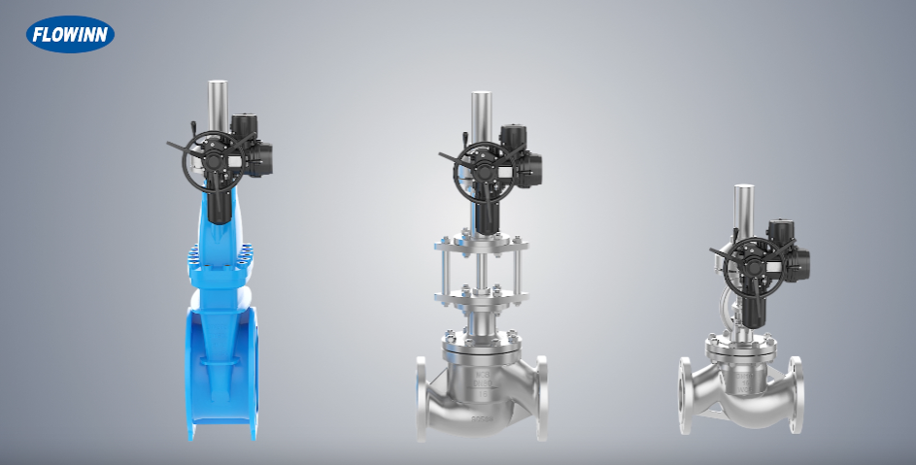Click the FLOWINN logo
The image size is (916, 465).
(70, 35)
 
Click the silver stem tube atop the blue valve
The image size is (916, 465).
(218, 106)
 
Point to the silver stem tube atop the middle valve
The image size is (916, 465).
(482, 116)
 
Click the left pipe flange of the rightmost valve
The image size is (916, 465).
(686, 394)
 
